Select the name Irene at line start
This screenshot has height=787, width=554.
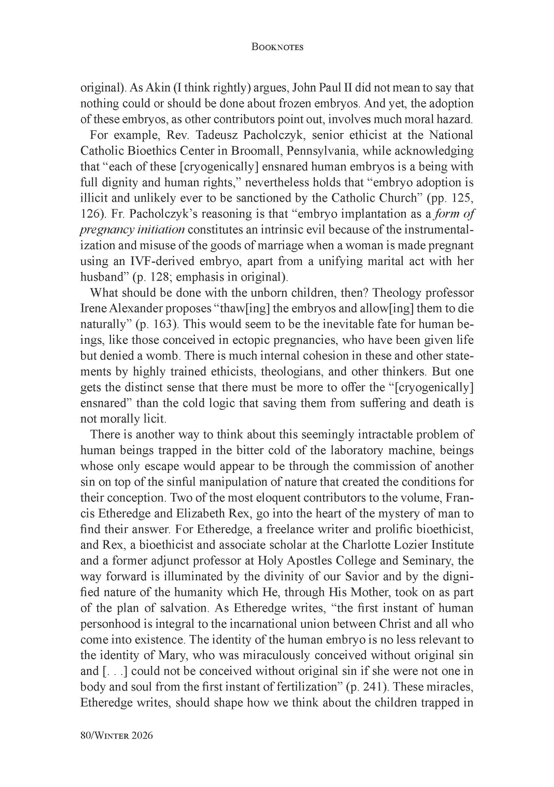coord(90,309)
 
